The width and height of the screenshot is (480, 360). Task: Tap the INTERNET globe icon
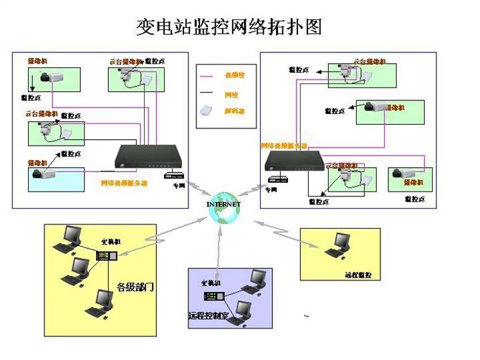click(x=224, y=205)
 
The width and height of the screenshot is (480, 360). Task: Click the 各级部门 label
click(x=135, y=287)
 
